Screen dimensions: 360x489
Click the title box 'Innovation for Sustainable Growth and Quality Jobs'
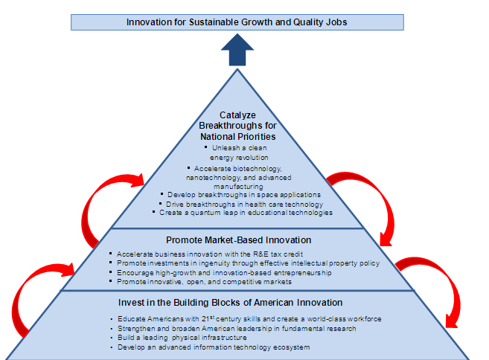tap(237, 22)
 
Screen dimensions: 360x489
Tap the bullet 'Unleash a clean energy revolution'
tap(238, 152)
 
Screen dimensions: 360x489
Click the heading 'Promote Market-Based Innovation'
tap(237, 240)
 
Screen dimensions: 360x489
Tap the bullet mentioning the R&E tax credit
tap(216, 254)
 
